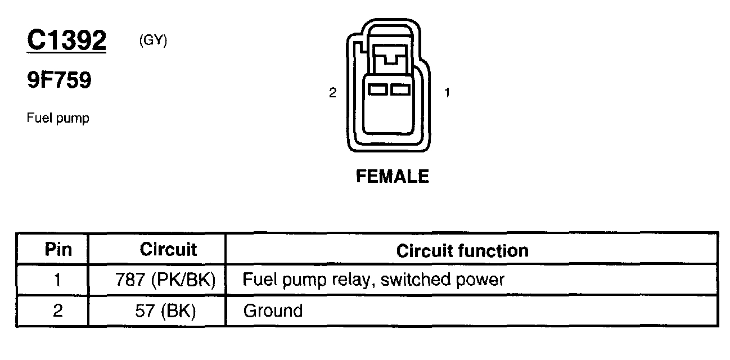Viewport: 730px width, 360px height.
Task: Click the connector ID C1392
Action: tap(66, 40)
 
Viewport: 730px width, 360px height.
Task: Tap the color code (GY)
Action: tap(152, 41)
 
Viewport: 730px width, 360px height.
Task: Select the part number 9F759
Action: tap(58, 81)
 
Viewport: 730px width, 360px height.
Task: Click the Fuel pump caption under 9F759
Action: tap(58, 119)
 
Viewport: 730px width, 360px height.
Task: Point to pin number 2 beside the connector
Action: tap(332, 93)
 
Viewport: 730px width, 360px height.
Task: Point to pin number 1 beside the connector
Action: tap(447, 93)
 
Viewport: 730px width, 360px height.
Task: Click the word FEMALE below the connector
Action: tap(393, 177)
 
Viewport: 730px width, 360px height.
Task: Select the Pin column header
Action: tap(58, 249)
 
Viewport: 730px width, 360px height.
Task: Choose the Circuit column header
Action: tap(168, 249)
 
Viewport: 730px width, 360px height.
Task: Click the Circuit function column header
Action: tap(462, 251)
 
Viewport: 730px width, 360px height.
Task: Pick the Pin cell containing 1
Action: tap(58, 280)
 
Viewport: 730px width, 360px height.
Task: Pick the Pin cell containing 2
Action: tap(58, 310)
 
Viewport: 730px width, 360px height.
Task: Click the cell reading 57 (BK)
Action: tap(165, 310)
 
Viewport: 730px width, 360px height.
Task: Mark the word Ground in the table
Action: tap(273, 310)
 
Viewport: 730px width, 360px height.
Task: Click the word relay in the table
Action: tap(351, 280)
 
